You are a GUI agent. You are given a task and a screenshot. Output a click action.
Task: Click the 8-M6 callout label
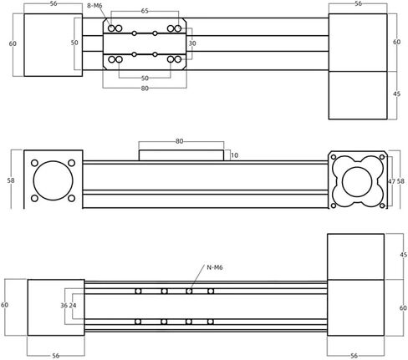[94, 6]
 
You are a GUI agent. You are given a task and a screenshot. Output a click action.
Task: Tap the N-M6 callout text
[215, 267]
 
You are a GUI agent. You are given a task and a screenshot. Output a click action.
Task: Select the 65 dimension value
[145, 11]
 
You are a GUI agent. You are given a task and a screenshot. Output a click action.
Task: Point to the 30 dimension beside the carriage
[192, 43]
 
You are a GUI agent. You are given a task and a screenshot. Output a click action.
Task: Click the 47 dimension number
[391, 181]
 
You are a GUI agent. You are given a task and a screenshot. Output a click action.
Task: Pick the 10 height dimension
[235, 155]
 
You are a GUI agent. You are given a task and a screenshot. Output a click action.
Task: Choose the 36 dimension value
[64, 306]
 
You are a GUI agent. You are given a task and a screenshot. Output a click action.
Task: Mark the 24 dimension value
[73, 306]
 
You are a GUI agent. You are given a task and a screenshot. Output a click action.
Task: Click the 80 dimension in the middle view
[179, 141]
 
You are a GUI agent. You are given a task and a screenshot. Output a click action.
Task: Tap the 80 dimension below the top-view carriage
[145, 89]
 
